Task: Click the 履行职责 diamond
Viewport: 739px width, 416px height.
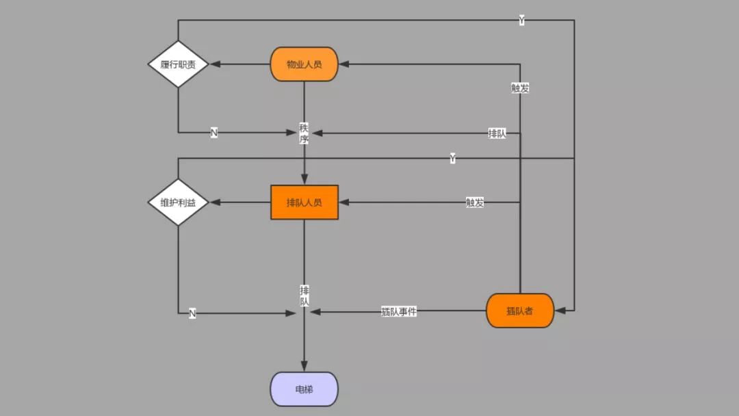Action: click(x=178, y=64)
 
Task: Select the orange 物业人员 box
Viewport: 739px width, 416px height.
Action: click(x=304, y=64)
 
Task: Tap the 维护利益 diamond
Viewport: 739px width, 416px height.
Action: click(x=178, y=203)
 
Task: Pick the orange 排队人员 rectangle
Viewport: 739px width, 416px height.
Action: click(x=304, y=203)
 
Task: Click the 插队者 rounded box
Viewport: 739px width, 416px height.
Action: click(x=519, y=311)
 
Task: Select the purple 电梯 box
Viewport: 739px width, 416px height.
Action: click(x=304, y=389)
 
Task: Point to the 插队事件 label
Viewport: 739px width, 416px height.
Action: click(x=399, y=311)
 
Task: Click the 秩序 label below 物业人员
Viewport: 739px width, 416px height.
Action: click(x=304, y=133)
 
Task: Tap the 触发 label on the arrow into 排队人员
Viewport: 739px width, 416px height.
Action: click(x=475, y=203)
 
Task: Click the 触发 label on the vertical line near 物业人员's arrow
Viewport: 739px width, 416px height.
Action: click(x=520, y=88)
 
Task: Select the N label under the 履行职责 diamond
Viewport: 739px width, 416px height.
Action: click(x=214, y=133)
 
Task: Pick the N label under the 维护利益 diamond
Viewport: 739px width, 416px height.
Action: click(x=192, y=313)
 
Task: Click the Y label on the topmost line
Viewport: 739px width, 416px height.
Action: click(x=521, y=21)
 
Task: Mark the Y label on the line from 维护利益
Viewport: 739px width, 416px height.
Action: click(x=452, y=159)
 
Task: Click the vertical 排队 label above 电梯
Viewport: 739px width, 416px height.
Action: click(x=304, y=296)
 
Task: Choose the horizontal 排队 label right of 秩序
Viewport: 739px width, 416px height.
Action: click(x=497, y=133)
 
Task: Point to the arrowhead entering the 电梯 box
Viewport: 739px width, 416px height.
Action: click(x=304, y=367)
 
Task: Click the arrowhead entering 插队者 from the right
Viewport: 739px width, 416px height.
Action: click(x=560, y=311)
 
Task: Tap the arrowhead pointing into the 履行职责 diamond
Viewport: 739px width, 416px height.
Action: click(x=214, y=64)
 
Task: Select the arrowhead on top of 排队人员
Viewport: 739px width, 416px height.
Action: click(x=304, y=180)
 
